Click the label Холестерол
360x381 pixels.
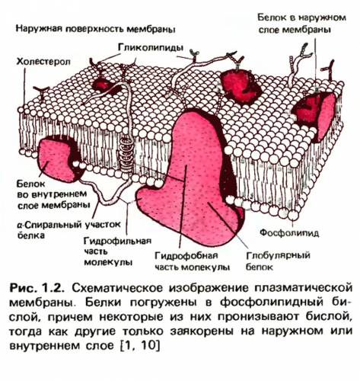43,62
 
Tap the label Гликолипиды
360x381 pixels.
151,47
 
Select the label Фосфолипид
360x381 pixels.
289,232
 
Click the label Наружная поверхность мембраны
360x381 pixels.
96,29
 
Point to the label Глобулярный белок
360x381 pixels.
278,261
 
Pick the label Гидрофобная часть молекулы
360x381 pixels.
193,261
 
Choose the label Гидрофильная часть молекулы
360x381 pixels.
117,251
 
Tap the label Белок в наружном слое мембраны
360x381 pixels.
302,24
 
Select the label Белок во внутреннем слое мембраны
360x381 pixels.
54,194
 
